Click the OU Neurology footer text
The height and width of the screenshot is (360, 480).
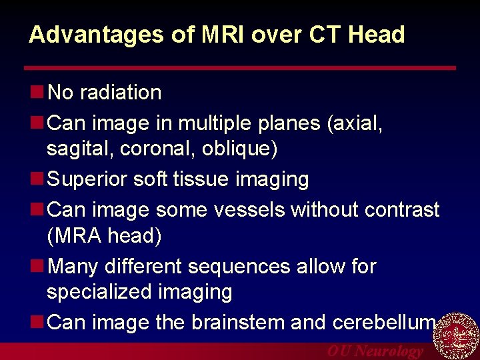coord(374,351)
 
